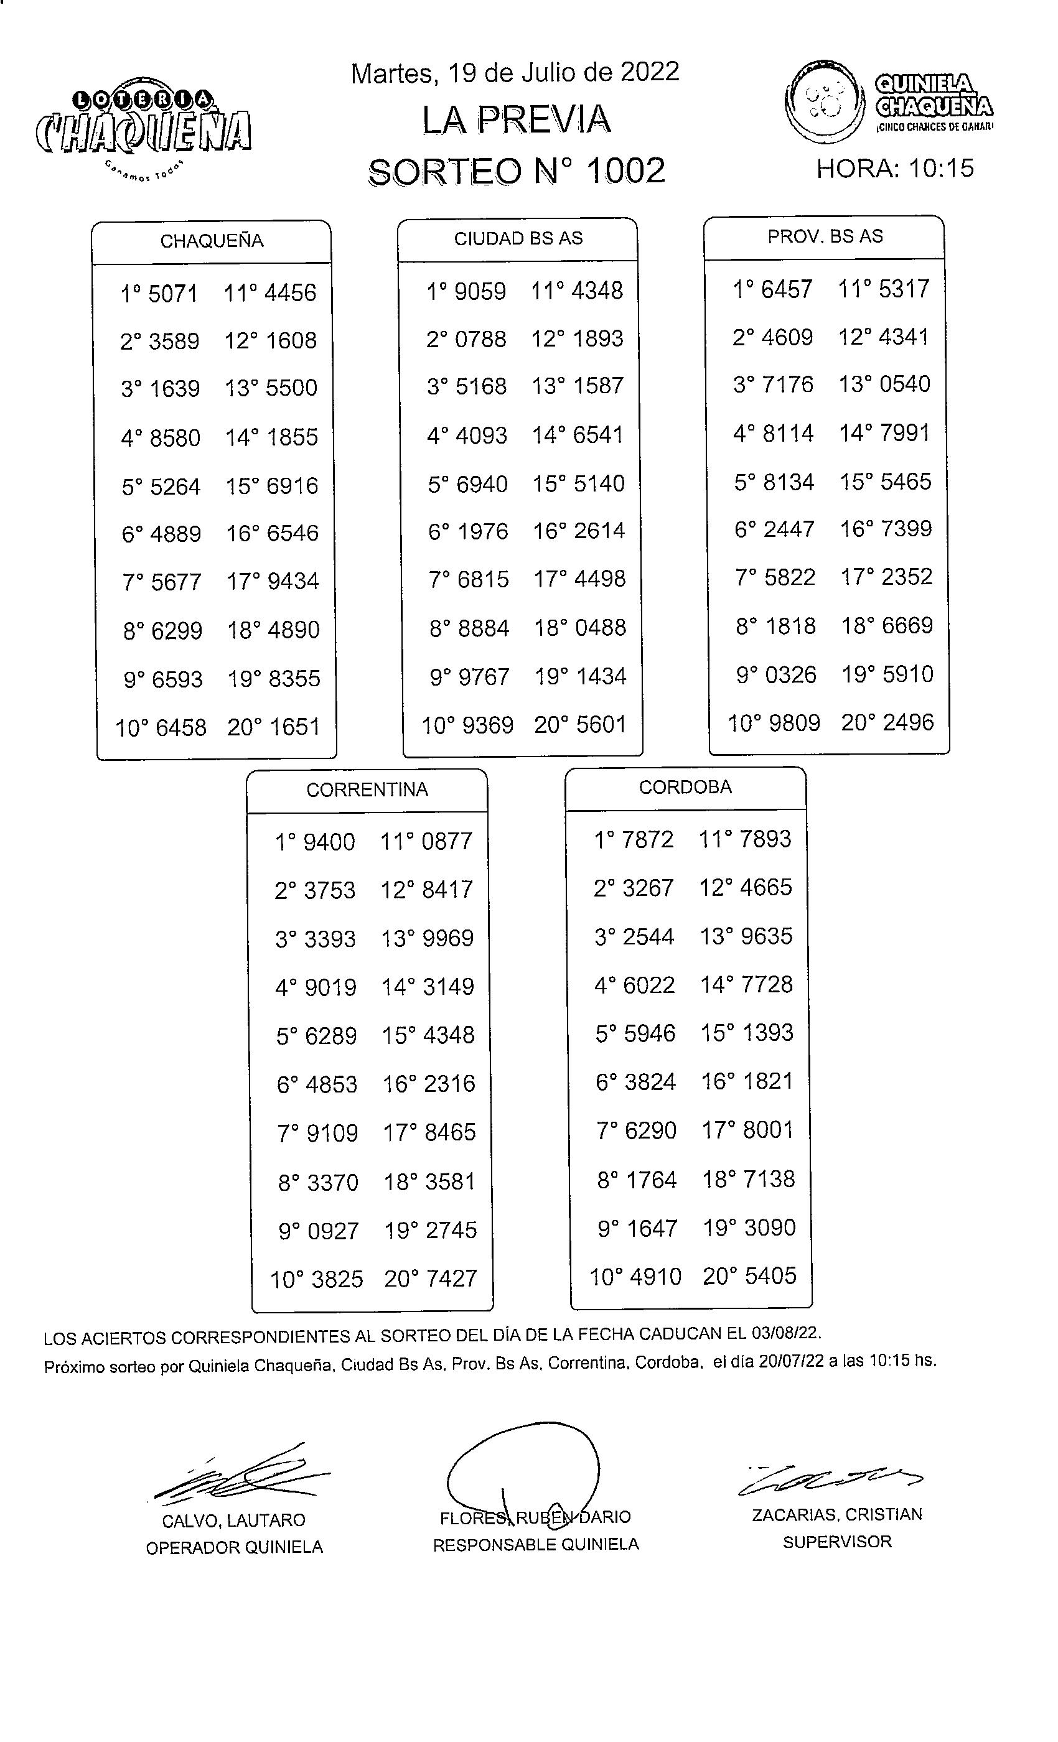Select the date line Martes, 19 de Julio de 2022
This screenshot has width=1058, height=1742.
click(x=514, y=72)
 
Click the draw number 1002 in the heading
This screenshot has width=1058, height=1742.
click(x=625, y=170)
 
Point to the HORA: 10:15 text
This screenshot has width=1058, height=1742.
click(x=895, y=168)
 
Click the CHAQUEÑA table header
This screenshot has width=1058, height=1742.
click(x=212, y=241)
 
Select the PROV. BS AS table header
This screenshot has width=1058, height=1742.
click(x=825, y=236)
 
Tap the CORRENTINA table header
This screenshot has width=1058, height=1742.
click(x=367, y=789)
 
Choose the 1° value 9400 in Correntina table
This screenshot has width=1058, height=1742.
click(x=328, y=842)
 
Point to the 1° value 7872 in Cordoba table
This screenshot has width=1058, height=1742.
click(x=647, y=839)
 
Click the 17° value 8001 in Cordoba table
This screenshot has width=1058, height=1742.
click(x=768, y=1129)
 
